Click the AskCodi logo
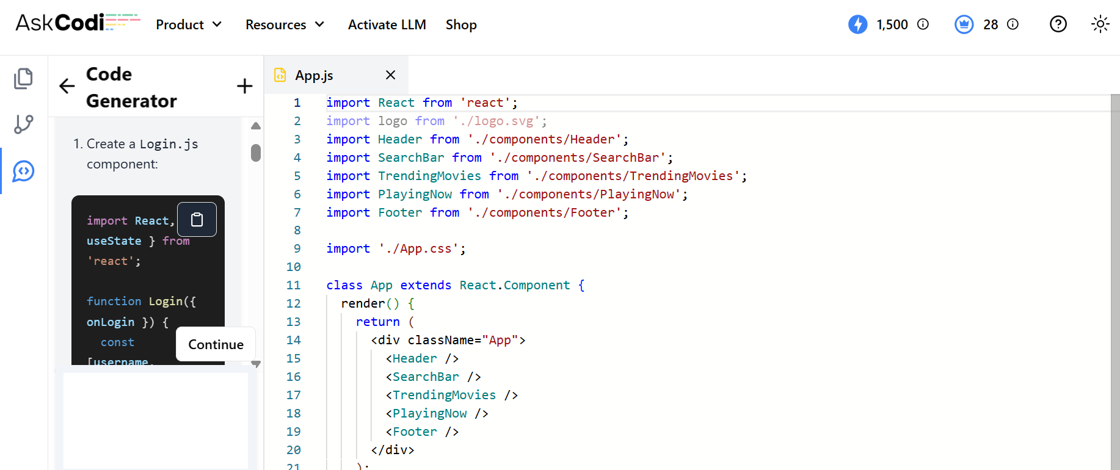78,23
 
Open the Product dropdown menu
189,24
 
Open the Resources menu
285,24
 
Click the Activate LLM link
387,24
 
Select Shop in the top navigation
461,24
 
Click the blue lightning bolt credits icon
858,24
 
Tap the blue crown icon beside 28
964,24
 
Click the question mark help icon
1058,24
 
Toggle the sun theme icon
1100,24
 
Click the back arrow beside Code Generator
67,86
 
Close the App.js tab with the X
391,74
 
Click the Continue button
216,344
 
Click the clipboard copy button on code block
197,219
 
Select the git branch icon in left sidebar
24,125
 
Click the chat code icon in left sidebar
24,172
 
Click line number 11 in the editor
294,285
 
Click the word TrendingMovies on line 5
429,176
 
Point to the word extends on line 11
426,285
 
